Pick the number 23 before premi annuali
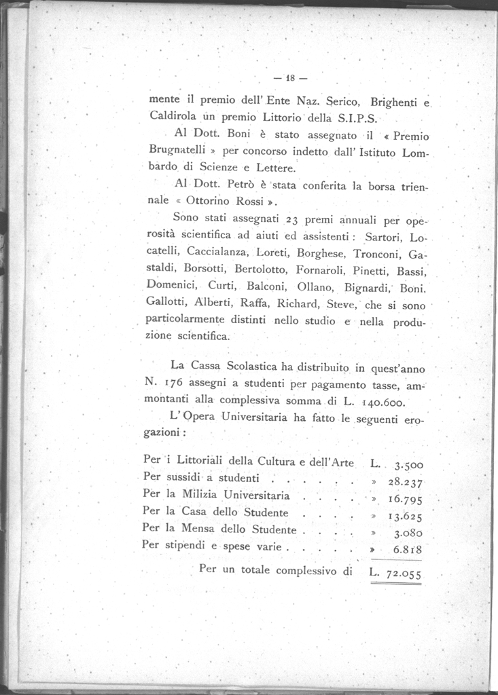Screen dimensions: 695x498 point(293,219)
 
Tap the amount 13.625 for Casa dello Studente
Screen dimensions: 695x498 point(407,516)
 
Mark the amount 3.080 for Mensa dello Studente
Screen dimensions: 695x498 point(409,533)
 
